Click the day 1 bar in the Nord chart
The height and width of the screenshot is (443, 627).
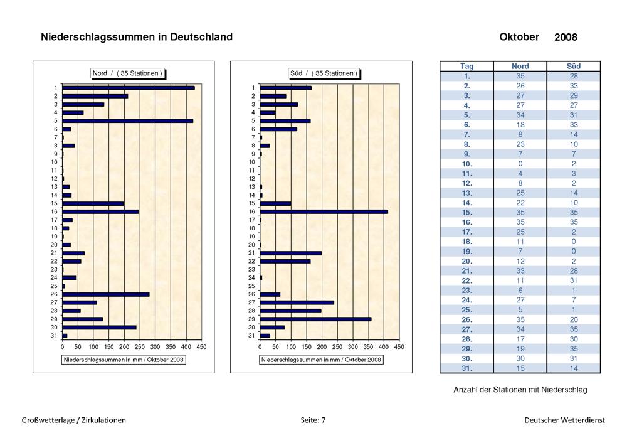[x=129, y=88]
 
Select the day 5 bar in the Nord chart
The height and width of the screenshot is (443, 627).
[x=127, y=121]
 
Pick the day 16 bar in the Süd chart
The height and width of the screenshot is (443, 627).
[x=324, y=211]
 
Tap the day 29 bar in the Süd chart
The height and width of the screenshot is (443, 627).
[x=315, y=319]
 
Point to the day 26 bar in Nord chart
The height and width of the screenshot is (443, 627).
[x=106, y=294]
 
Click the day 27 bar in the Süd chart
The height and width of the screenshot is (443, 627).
[x=297, y=302]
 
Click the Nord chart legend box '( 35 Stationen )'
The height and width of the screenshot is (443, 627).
[x=127, y=73]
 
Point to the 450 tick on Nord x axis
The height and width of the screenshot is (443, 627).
[x=201, y=347]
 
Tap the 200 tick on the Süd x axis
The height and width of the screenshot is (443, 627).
[x=322, y=347]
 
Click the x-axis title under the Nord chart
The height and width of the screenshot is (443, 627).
[x=124, y=360]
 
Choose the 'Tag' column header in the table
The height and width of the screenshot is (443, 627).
[x=466, y=67]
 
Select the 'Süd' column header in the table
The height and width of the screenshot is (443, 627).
[x=574, y=67]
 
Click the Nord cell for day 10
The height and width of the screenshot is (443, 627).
[x=520, y=164]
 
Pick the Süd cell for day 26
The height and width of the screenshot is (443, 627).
[x=574, y=320]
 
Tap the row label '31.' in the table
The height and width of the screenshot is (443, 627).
[x=466, y=368]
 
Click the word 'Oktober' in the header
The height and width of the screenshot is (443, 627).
[x=519, y=37]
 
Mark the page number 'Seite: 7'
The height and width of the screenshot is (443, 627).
[x=313, y=420]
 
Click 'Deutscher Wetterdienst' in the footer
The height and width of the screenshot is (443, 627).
[x=565, y=420]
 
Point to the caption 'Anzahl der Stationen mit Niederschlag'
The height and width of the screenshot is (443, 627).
[x=520, y=390]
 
